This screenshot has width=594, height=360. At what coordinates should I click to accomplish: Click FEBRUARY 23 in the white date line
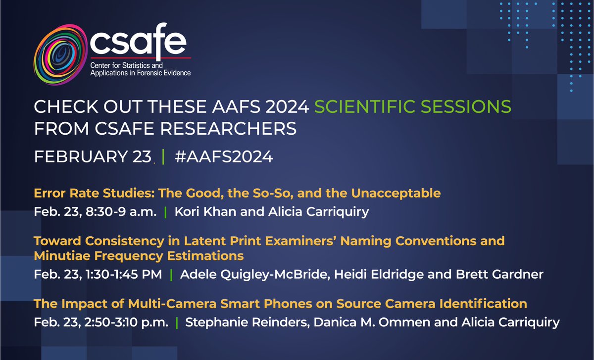(x=92, y=157)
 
